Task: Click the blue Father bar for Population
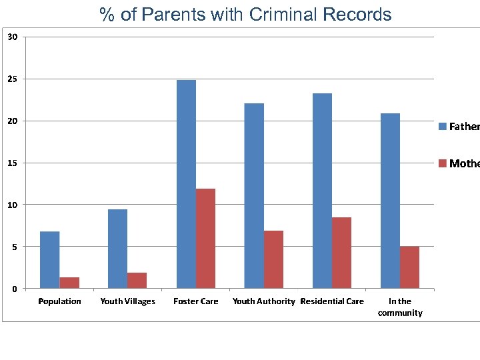pyautogui.click(x=50, y=260)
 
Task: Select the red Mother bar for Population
pyautogui.click(x=69, y=283)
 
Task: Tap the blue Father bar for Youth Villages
pyautogui.click(x=118, y=249)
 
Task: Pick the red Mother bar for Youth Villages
pyautogui.click(x=137, y=281)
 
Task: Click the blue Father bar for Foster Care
pyautogui.click(x=186, y=184)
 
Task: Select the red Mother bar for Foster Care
pyautogui.click(x=205, y=239)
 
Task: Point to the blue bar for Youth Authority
pyautogui.click(x=254, y=196)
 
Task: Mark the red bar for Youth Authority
pyautogui.click(x=273, y=259)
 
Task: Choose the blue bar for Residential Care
pyautogui.click(x=322, y=191)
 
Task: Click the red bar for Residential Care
pyautogui.click(x=341, y=253)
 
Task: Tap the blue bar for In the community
pyautogui.click(x=390, y=201)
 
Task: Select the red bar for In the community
pyautogui.click(x=409, y=267)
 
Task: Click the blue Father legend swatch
pyautogui.click(x=442, y=126)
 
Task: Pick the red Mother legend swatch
pyautogui.click(x=442, y=163)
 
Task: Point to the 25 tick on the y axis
pyautogui.click(x=13, y=79)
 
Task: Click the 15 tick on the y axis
pyautogui.click(x=13, y=163)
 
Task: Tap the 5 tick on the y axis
pyautogui.click(x=15, y=247)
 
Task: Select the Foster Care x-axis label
pyautogui.click(x=195, y=301)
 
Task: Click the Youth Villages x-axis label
pyautogui.click(x=127, y=301)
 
